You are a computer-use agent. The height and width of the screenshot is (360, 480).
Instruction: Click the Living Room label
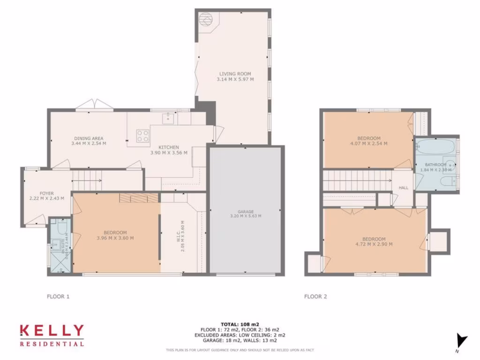point(235,74)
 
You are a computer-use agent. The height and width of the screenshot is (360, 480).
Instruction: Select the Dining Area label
point(89,138)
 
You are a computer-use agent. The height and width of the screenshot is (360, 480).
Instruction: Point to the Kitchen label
point(169,147)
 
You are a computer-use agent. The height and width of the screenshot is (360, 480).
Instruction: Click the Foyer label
point(46,193)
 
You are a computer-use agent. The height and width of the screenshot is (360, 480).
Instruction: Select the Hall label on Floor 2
point(403,188)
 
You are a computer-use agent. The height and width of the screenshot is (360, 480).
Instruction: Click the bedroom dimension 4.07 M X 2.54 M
point(369,144)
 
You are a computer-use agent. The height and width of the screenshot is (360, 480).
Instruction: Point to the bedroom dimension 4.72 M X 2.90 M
point(374,244)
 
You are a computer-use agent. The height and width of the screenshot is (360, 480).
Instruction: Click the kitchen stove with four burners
point(142,135)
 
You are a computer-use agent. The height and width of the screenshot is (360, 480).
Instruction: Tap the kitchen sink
point(167,118)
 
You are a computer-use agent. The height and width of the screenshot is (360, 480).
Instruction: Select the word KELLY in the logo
point(52,331)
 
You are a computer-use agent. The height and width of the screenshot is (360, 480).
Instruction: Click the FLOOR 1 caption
point(58,296)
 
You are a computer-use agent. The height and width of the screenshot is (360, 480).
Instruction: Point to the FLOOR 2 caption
point(315,296)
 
